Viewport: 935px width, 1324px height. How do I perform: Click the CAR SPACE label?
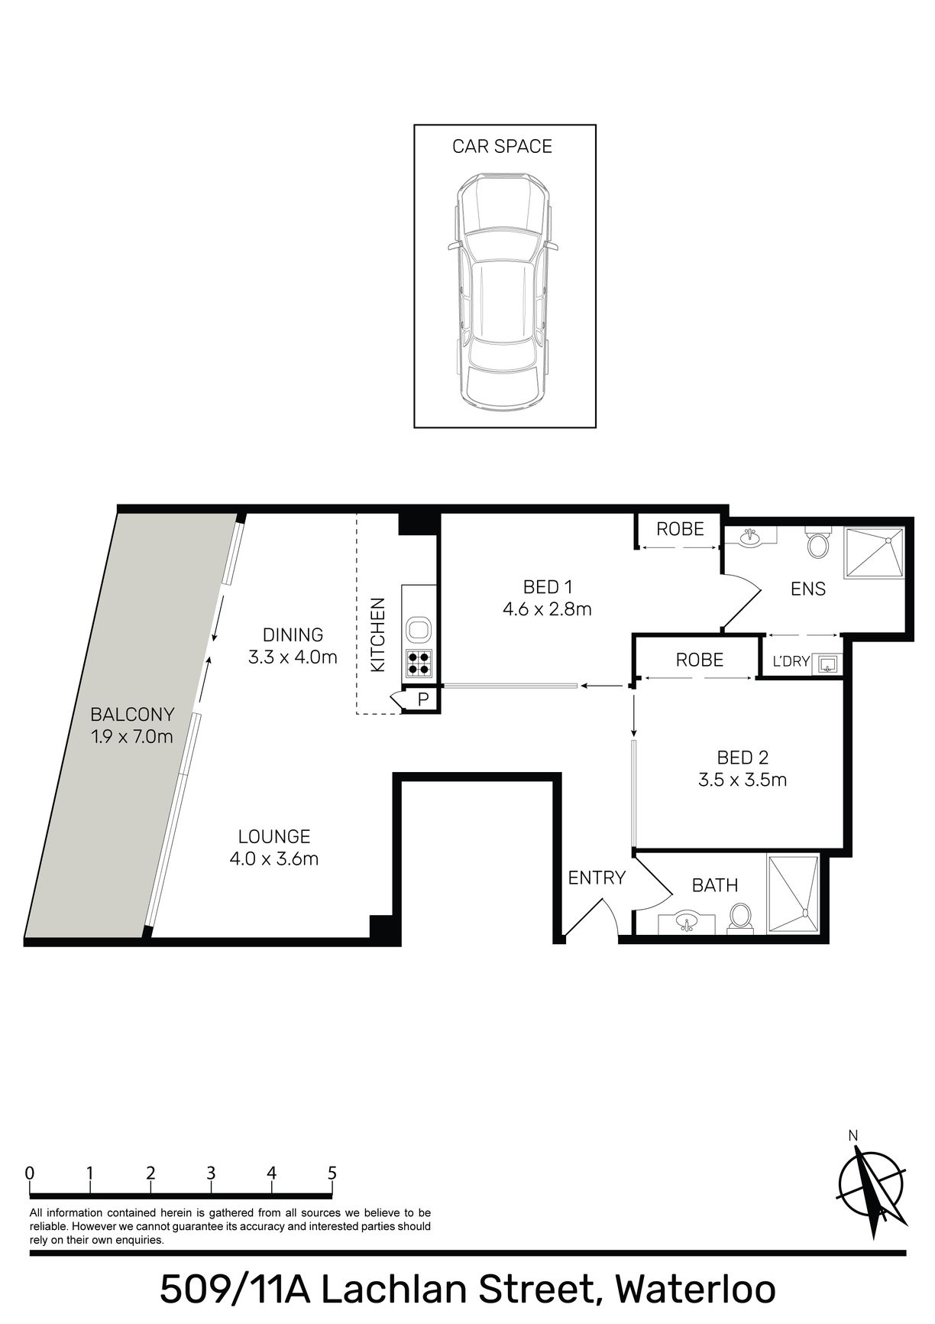click(502, 146)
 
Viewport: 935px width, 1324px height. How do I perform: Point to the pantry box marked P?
click(422, 699)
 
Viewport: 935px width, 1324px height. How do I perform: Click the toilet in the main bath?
click(739, 917)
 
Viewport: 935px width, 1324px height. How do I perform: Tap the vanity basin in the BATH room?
click(687, 922)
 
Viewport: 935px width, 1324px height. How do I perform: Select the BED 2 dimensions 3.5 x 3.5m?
click(742, 780)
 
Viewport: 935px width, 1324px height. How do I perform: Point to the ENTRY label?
click(597, 878)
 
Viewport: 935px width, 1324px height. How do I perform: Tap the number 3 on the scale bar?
click(211, 1173)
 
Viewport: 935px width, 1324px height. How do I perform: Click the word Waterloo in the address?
click(696, 1289)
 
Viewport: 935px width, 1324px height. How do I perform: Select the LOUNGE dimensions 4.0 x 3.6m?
click(274, 858)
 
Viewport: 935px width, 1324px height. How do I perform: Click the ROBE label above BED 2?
click(700, 659)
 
